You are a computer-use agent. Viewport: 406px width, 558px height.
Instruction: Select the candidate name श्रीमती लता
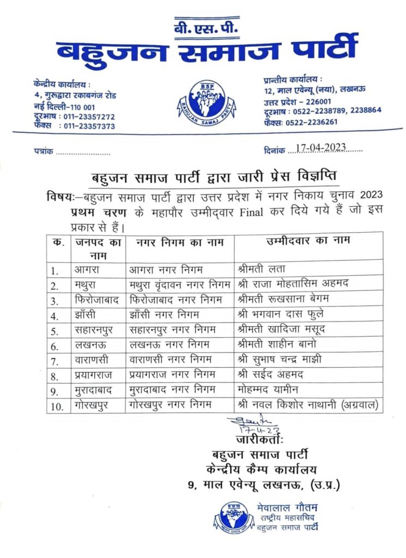(x=259, y=269)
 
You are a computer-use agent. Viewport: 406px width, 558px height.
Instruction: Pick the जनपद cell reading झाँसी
(x=88, y=314)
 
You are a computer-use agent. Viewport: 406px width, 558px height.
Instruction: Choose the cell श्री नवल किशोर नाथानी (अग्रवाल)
(x=307, y=405)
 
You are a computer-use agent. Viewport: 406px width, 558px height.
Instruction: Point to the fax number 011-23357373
(x=88, y=126)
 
